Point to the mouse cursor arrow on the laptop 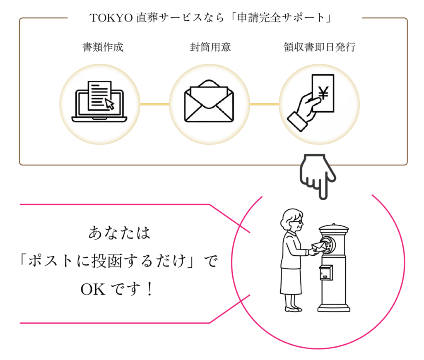[109, 103]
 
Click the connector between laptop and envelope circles [154, 104]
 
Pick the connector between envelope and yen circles [264, 104]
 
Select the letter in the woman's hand [318, 247]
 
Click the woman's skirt [291, 281]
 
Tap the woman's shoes [293, 309]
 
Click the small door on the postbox [326, 272]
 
